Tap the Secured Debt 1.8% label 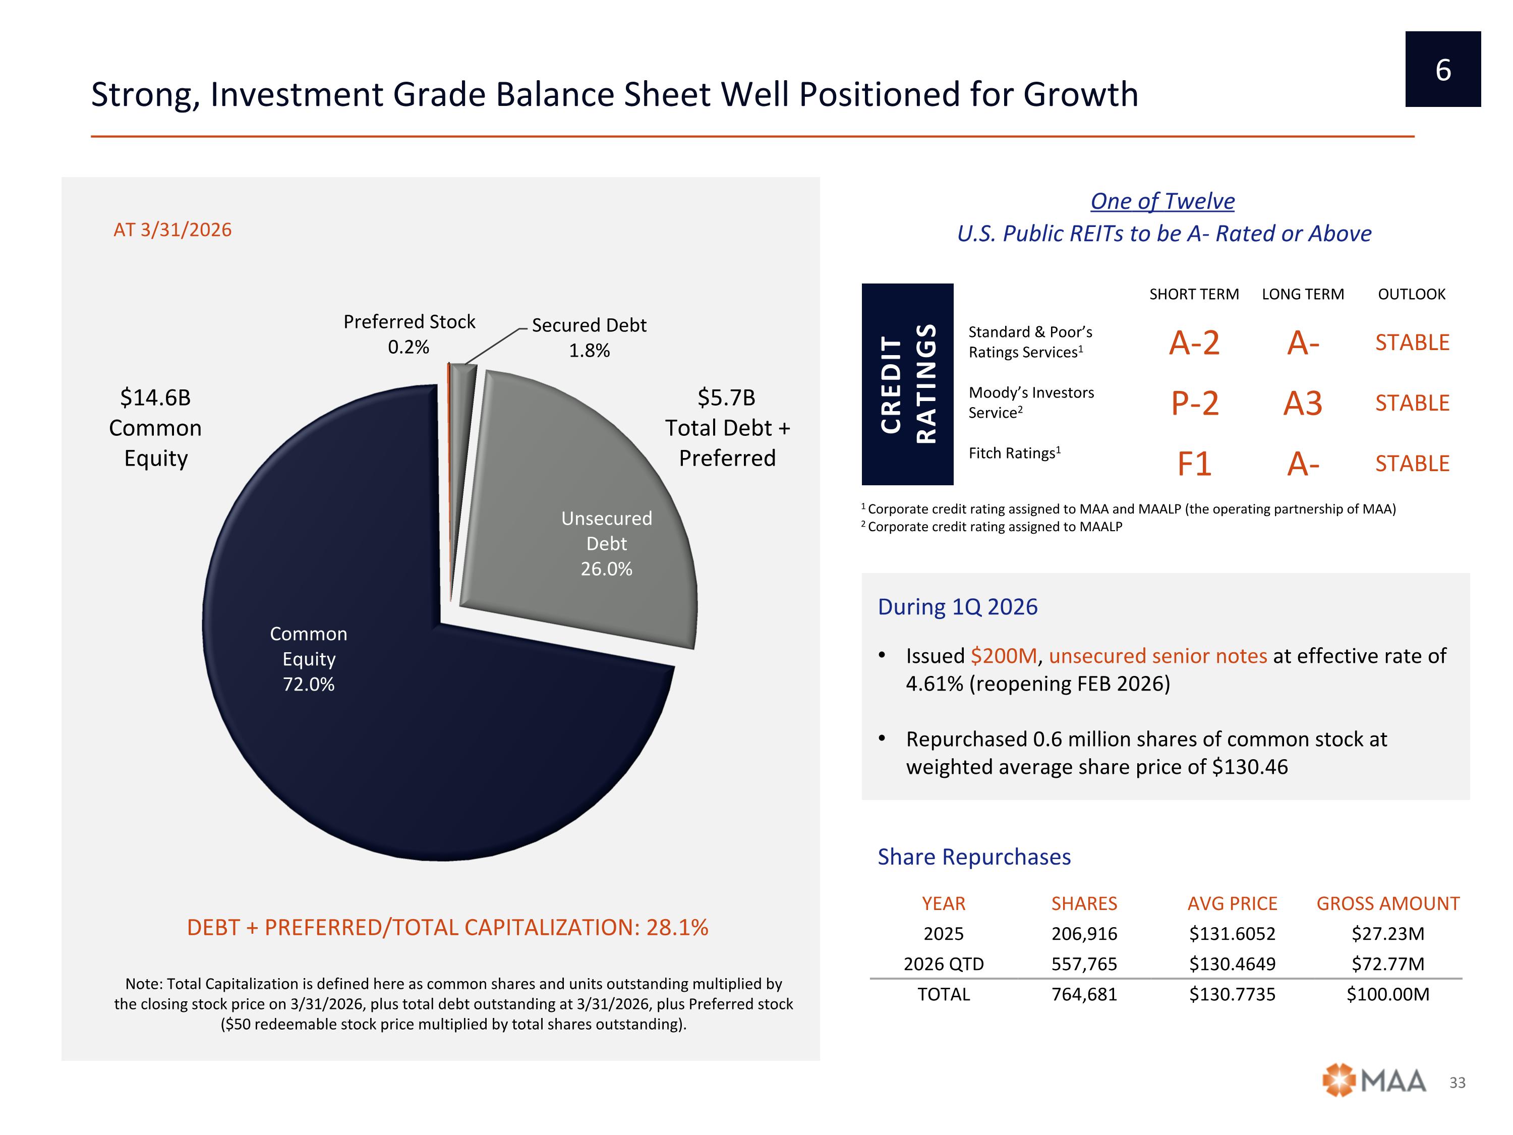tap(589, 337)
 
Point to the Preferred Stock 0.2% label tap(409, 334)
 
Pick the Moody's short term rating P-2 tap(1194, 403)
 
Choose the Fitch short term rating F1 tap(1194, 464)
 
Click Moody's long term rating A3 tap(1302, 403)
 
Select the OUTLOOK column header tap(1411, 294)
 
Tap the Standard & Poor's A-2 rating tap(1194, 342)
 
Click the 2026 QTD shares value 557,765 tap(1084, 964)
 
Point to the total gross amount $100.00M tap(1388, 994)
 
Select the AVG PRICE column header tap(1232, 904)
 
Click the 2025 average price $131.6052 tap(1232, 934)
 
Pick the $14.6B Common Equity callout tap(155, 428)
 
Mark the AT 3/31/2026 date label tap(172, 230)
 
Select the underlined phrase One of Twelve tap(1162, 201)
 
